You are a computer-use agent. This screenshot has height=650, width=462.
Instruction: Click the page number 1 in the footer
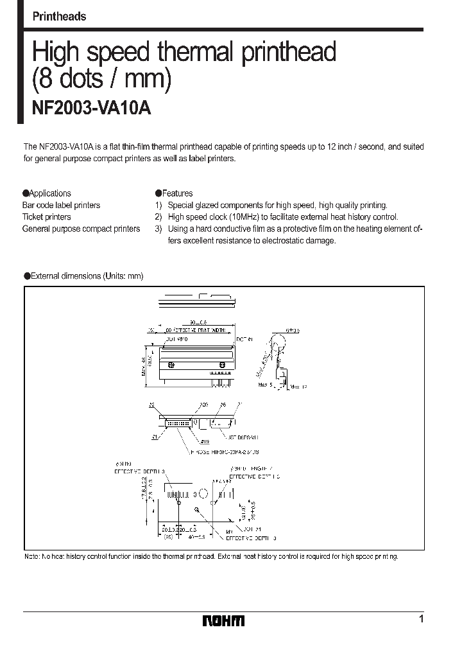421,619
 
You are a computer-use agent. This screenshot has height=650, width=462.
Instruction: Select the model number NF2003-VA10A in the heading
91,109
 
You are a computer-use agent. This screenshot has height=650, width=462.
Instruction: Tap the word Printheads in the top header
59,17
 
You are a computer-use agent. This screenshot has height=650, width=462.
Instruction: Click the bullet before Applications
26,193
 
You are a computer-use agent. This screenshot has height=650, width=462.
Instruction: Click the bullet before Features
158,193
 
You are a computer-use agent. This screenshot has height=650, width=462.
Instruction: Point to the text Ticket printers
46,217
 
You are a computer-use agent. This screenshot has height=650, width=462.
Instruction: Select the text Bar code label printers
61,206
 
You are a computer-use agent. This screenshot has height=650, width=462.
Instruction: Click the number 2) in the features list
158,217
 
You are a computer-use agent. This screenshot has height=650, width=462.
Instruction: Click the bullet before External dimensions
26,276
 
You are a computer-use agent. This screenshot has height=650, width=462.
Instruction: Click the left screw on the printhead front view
171,364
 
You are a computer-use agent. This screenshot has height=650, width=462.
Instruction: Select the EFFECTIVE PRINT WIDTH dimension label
193,329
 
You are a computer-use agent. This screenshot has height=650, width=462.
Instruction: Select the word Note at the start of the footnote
31,556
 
